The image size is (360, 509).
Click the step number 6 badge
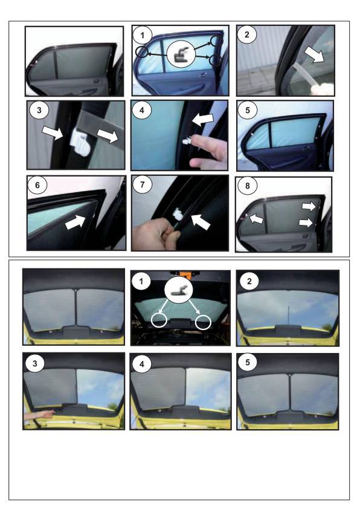pyautogui.click(x=37, y=186)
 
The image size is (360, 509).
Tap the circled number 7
pyautogui.click(x=143, y=185)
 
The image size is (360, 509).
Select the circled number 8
pyautogui.click(x=248, y=186)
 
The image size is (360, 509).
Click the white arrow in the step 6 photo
pyautogui.click(x=76, y=222)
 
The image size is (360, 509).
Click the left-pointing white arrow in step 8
pyautogui.click(x=256, y=218)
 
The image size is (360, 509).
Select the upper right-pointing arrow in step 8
pyautogui.click(x=309, y=206)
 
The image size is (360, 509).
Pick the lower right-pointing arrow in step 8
pyautogui.click(x=306, y=222)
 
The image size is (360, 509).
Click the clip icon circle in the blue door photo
pyautogui.click(x=181, y=54)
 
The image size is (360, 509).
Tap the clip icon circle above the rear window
pyautogui.click(x=178, y=290)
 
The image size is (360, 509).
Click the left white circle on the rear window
pyautogui.click(x=159, y=320)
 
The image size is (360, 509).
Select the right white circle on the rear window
pyautogui.click(x=204, y=322)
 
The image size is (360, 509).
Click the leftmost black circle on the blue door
pyautogui.click(x=142, y=51)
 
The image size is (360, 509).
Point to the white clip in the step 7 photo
pyautogui.click(x=178, y=213)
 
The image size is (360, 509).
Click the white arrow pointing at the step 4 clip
pyautogui.click(x=203, y=120)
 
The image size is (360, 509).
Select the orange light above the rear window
pyautogui.click(x=185, y=274)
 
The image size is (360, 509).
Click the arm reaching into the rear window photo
pyautogui.click(x=39, y=415)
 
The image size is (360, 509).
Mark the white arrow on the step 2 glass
pyautogui.click(x=315, y=54)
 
